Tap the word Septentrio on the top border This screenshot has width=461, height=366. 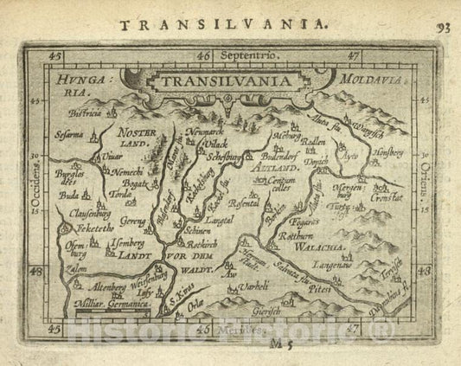251,55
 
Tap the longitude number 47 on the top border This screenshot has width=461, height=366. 353,55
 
